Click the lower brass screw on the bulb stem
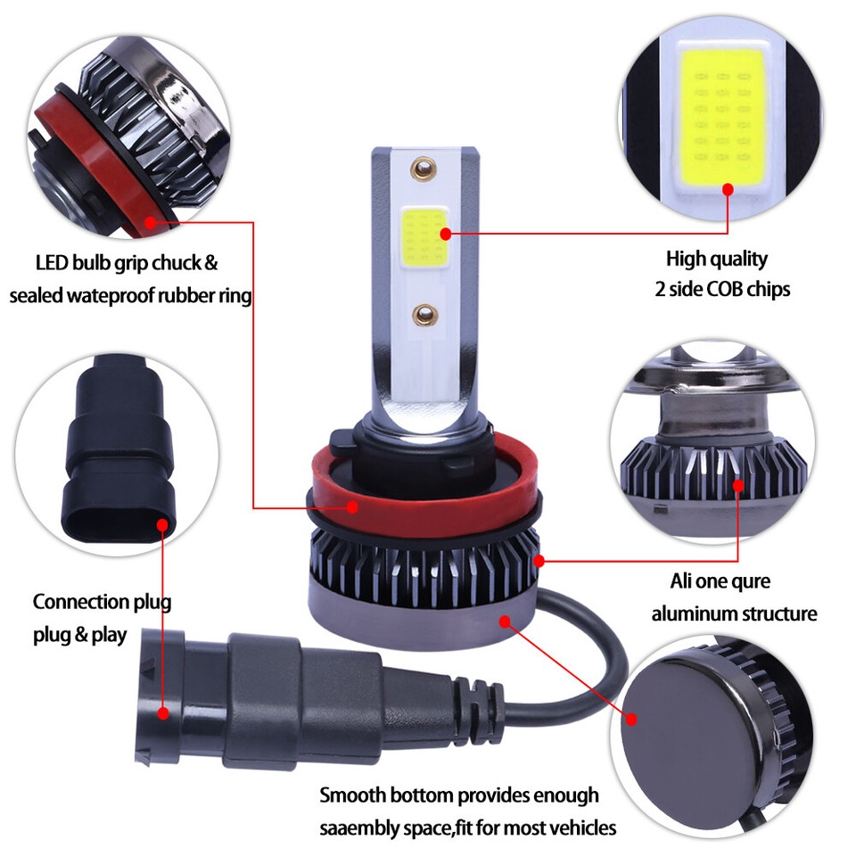(x=425, y=313)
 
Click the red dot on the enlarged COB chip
(x=728, y=189)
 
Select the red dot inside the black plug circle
(x=161, y=525)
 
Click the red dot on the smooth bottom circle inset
(x=630, y=719)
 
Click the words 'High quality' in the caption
(x=716, y=259)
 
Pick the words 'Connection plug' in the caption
(x=102, y=602)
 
